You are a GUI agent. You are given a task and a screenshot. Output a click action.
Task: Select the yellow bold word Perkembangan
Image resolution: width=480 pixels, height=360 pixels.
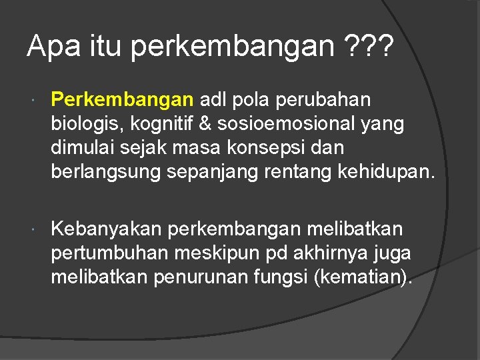point(122,100)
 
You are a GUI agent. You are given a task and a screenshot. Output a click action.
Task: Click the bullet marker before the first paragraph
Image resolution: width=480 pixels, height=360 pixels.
point(35,101)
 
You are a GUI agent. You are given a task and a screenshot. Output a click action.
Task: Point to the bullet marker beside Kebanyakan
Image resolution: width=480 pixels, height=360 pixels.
point(35,230)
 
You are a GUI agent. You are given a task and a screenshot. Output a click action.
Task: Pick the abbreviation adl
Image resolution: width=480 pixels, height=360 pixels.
point(213,100)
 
